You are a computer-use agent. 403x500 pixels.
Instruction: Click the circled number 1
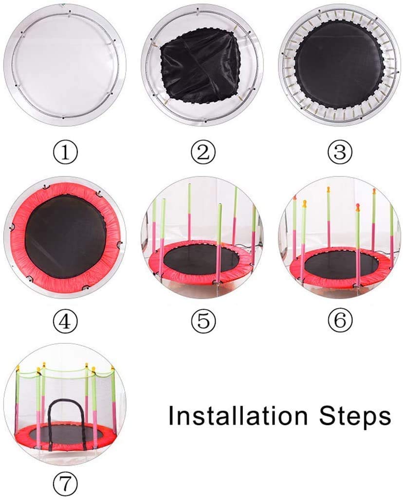[65, 152]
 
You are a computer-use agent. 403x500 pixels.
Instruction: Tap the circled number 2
[203, 152]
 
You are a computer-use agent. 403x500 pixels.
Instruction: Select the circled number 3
[340, 152]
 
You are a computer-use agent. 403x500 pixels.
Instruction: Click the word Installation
[238, 415]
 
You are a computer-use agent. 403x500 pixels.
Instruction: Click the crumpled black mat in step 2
[201, 69]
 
